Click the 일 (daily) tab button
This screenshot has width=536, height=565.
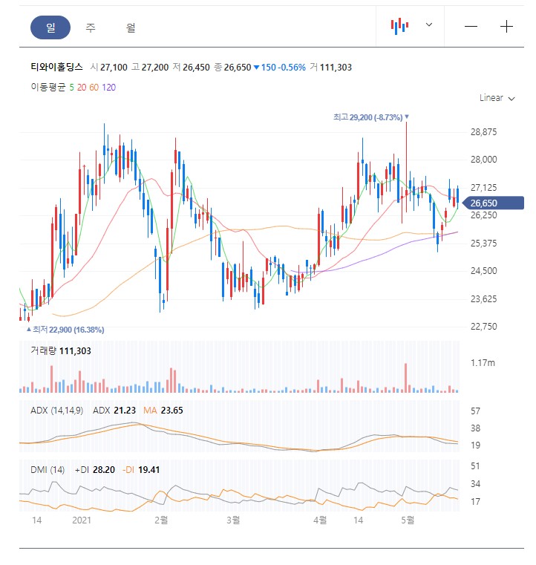[50, 27]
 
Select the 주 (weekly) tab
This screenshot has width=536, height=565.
[91, 27]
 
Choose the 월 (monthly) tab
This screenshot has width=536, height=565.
[131, 27]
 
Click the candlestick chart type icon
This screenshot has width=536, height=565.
[400, 26]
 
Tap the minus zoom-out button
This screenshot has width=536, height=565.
[471, 27]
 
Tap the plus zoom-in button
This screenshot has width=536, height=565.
[506, 27]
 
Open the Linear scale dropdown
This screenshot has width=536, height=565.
[497, 98]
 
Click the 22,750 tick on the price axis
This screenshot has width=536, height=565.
[483, 326]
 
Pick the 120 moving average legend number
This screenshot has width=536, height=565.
[108, 88]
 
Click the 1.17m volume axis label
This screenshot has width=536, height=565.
[483, 362]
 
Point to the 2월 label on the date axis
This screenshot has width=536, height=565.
[161, 520]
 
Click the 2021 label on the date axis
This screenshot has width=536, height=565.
[81, 520]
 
